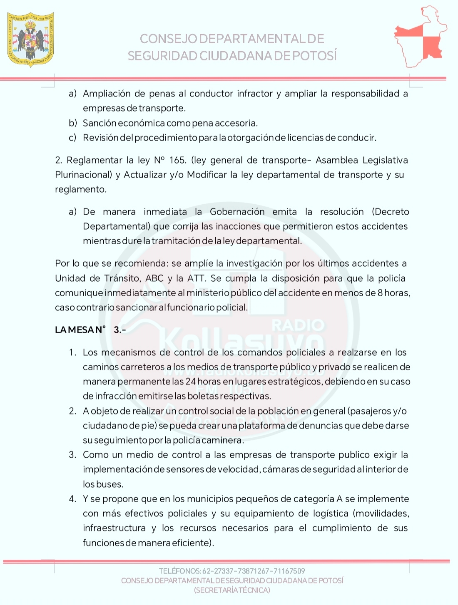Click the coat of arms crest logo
tap(31, 39)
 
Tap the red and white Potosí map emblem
tap(420, 37)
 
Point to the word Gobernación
tap(237, 212)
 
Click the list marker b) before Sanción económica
tap(73, 123)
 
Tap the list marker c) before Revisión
tap(73, 138)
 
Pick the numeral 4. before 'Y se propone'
tap(73, 499)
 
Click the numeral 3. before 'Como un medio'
tap(73, 455)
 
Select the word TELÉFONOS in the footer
tap(179, 571)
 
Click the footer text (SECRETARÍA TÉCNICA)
tap(232, 590)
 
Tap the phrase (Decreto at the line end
tap(390, 212)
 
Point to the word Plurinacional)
tap(84, 175)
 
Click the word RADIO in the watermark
tap(298, 325)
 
